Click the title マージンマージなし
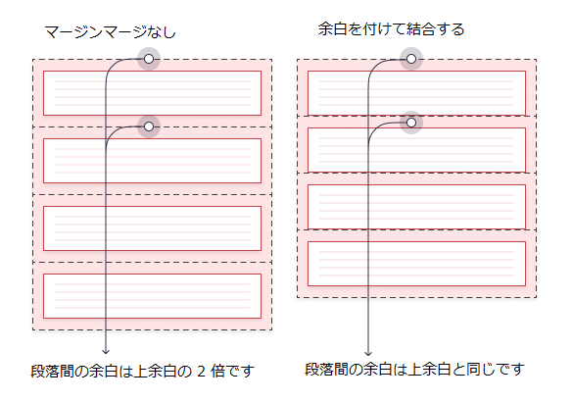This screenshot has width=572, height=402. click(x=111, y=32)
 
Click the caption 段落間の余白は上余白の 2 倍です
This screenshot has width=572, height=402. click(x=143, y=372)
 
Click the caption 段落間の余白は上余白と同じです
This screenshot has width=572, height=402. click(x=414, y=370)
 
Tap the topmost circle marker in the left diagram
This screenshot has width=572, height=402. click(x=149, y=60)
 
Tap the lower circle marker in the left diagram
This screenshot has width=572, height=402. click(x=149, y=126)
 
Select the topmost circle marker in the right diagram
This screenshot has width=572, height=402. click(x=411, y=60)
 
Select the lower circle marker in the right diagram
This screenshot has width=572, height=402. click(x=411, y=122)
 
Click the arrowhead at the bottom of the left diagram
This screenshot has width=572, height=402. click(x=105, y=350)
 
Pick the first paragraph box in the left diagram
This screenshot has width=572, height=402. click(x=152, y=93)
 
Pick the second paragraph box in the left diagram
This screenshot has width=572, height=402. click(x=152, y=161)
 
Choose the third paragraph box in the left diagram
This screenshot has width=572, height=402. click(x=152, y=228)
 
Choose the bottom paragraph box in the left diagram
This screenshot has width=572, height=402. click(x=152, y=295)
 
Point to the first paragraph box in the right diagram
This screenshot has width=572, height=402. click(x=416, y=93)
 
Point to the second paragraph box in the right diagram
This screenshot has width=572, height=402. click(x=416, y=149)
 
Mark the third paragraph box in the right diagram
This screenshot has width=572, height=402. click(x=416, y=206)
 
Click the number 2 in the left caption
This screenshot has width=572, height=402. click(x=203, y=372)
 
